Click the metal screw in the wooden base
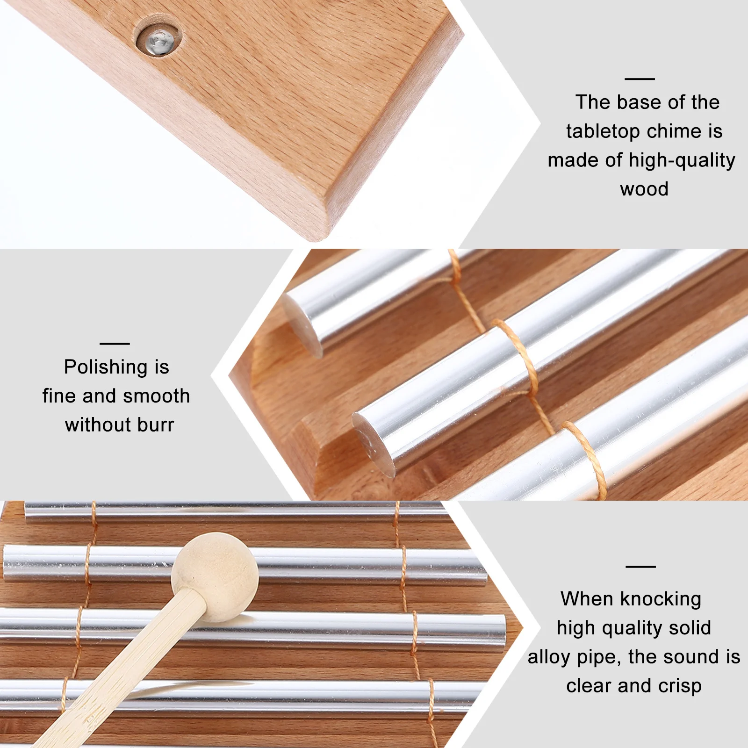pyautogui.click(x=158, y=41)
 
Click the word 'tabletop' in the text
pyautogui.click(x=603, y=131)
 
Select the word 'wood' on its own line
pyautogui.click(x=644, y=189)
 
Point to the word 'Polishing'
pyautogui.click(x=106, y=367)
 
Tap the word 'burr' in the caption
pyautogui.click(x=156, y=425)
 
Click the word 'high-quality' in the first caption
pyautogui.click(x=682, y=160)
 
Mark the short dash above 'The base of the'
pyautogui.click(x=640, y=79)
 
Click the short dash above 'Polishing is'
pyautogui.click(x=115, y=344)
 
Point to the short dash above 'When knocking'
pyautogui.click(x=640, y=567)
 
